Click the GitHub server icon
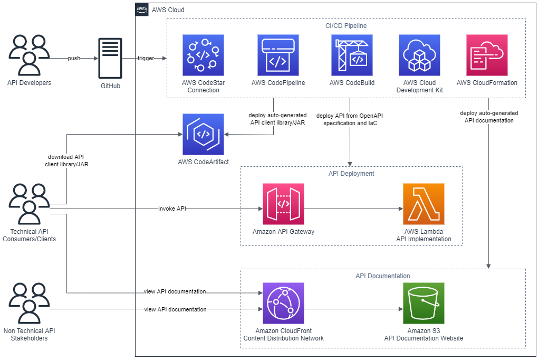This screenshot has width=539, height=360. (x=110, y=58)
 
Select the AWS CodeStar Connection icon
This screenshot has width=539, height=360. (x=203, y=55)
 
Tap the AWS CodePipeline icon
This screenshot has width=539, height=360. (x=278, y=55)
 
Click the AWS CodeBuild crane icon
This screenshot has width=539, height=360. (x=352, y=55)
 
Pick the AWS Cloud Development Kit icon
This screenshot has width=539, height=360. (x=419, y=55)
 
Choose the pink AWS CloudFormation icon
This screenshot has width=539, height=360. (x=487, y=55)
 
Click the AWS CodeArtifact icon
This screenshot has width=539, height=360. (x=203, y=134)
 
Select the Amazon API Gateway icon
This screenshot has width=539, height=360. (x=283, y=204)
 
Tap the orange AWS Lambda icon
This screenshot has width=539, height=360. (x=423, y=204)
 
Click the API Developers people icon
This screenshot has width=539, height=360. (x=29, y=55)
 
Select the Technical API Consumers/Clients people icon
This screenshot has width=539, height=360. (x=29, y=204)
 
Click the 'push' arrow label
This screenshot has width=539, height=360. (x=74, y=58)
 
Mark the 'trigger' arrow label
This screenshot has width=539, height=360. (x=146, y=58)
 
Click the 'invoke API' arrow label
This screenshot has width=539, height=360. (x=172, y=209)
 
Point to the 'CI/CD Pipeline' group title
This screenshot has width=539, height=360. (x=346, y=25)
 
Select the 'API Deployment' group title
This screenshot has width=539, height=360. (x=351, y=173)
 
